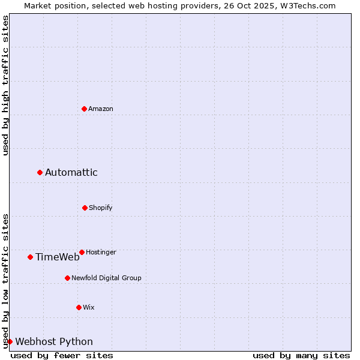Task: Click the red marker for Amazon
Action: pos(85,109)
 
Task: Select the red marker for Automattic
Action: pos(40,172)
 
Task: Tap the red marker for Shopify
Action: pos(85,208)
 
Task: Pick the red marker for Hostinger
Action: pos(82,252)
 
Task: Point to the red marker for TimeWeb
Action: pos(30,257)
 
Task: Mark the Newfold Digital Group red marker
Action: pos(67,278)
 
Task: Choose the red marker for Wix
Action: pos(79,307)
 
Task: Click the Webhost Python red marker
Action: pos(10,341)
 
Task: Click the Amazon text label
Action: pos(101,109)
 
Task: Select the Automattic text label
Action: pos(71,173)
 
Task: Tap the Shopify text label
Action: pos(101,208)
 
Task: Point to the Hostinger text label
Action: pos(101,252)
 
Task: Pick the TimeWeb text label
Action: pos(58,257)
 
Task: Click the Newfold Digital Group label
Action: pos(106,278)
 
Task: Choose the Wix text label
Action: pos(89,307)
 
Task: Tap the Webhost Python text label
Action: pos(54,342)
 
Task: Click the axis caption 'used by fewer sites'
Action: pos(62,355)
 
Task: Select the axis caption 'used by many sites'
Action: pos(301,355)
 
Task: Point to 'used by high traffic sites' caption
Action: pos(5,85)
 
